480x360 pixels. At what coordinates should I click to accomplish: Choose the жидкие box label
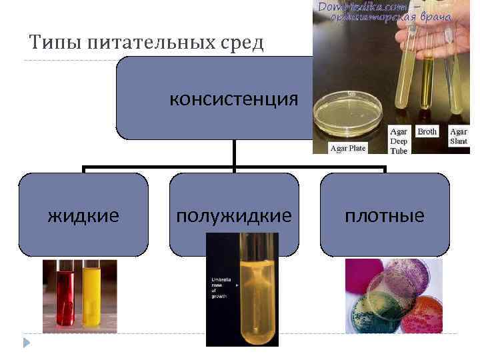click(83, 216)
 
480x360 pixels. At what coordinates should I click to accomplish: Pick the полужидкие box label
click(233, 216)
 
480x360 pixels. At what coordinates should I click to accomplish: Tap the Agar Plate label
click(348, 148)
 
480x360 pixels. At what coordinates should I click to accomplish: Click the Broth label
click(427, 132)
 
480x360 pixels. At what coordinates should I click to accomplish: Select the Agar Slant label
click(459, 137)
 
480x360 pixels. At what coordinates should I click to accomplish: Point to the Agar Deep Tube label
click(399, 141)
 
